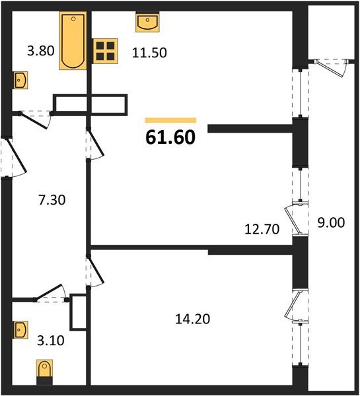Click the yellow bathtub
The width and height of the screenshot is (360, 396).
[x=72, y=41]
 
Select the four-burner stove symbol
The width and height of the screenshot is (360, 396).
[x=104, y=50]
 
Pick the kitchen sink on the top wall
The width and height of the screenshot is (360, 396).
[x=146, y=23]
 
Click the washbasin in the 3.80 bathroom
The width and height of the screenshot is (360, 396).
[x=20, y=81]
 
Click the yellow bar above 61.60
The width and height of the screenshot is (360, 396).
[x=170, y=120]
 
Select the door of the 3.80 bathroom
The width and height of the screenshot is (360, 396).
[x=34, y=117]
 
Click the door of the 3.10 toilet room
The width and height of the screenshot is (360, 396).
[x=48, y=292]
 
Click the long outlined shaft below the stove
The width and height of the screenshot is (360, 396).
[x=90, y=104]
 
